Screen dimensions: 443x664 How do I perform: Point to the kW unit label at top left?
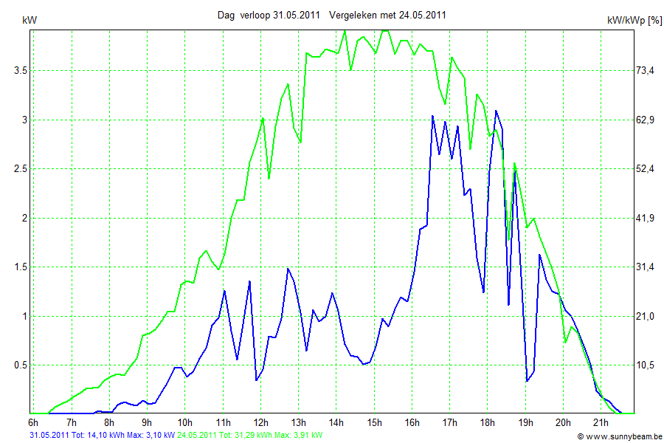click(30, 20)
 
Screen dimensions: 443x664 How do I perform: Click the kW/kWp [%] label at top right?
click(634, 21)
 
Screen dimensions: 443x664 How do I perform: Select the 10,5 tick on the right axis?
click(645, 365)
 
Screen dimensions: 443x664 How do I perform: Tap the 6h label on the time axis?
click(33, 423)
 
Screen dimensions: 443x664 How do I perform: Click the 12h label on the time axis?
click(261, 423)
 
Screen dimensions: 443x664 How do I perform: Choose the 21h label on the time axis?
click(601, 423)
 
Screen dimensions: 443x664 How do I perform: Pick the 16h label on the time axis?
click(412, 423)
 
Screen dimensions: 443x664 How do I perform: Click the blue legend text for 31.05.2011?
click(102, 436)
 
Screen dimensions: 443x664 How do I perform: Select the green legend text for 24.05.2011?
click(250, 436)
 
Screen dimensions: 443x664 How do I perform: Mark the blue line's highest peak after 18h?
click(496, 111)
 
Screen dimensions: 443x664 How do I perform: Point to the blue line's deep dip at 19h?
click(527, 381)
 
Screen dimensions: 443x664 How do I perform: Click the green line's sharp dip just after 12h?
click(269, 179)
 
